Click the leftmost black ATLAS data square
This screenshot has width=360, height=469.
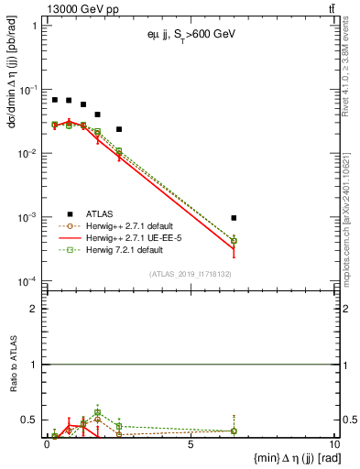click(55, 100)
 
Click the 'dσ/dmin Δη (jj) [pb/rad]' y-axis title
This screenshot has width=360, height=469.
click(12, 137)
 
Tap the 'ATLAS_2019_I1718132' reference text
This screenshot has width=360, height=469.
click(190, 273)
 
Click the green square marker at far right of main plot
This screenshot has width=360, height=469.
click(235, 241)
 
